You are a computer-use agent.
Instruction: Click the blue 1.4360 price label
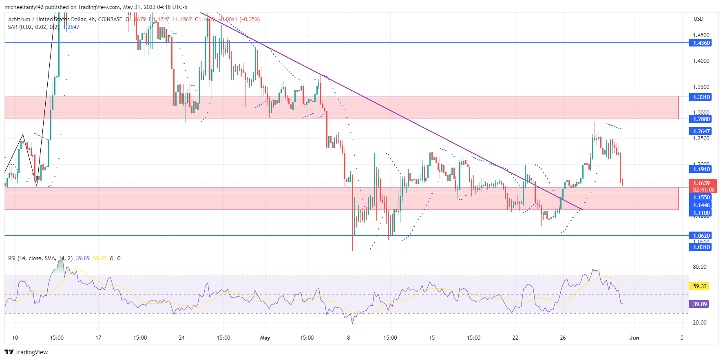click(x=700, y=43)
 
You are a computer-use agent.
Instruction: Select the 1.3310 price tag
click(x=700, y=97)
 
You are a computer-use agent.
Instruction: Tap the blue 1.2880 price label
click(x=700, y=119)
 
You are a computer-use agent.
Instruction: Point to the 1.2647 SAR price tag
click(x=700, y=131)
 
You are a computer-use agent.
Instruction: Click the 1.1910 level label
click(x=700, y=169)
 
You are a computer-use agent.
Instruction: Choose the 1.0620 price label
click(x=700, y=236)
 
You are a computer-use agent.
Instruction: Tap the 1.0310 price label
click(x=700, y=247)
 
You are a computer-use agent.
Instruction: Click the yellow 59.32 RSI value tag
click(x=699, y=286)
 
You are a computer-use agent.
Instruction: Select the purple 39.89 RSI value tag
click(x=699, y=304)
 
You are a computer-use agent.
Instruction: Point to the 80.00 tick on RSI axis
click(x=700, y=267)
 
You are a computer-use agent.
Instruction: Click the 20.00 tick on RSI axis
click(x=700, y=322)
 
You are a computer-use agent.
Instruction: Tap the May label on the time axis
click(x=265, y=338)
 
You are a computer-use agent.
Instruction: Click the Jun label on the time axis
click(x=634, y=338)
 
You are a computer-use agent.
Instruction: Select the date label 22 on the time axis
click(x=515, y=338)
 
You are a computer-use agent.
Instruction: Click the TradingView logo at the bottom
click(x=26, y=352)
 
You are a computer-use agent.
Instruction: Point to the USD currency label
click(x=699, y=19)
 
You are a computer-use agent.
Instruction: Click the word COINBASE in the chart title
click(x=110, y=19)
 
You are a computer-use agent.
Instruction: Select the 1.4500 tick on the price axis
click(x=701, y=35)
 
